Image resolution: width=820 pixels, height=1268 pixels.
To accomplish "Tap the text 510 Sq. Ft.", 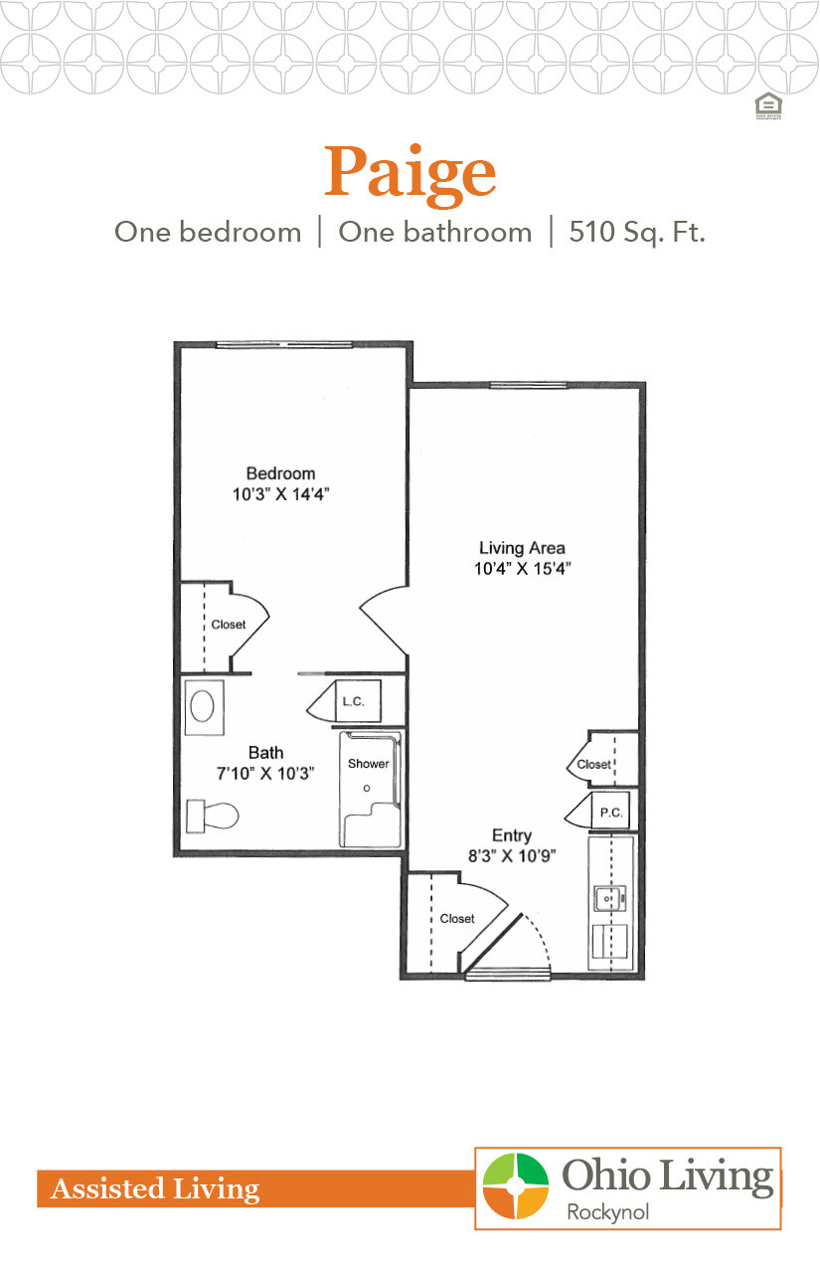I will point(637,233).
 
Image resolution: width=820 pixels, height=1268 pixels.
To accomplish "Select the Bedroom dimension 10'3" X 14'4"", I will point(281,493).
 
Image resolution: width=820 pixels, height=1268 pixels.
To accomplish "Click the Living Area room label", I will point(522,548).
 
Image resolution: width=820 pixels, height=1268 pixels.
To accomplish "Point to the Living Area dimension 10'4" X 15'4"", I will point(522,569).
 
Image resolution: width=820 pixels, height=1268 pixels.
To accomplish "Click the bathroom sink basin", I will point(202,707).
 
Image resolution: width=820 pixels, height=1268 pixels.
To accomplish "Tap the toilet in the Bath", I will point(214,816).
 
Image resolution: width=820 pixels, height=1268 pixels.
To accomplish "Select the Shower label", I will point(368,764).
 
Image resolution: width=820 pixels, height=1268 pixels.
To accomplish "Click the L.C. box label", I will point(354,701).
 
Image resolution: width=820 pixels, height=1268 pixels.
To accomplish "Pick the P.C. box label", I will point(610,813).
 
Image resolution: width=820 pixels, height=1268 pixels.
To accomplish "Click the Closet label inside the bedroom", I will point(229,625).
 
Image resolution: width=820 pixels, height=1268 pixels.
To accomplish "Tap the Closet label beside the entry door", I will point(457,918).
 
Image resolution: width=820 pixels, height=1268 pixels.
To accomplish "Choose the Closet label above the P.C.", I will point(594,764).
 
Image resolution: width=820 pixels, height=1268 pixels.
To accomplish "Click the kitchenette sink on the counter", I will point(606,898).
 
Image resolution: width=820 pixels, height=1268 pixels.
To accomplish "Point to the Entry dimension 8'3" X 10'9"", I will point(511,855).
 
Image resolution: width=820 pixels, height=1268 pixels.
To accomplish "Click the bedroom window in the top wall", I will point(284,345).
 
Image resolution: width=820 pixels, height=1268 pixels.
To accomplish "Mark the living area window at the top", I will point(528,385).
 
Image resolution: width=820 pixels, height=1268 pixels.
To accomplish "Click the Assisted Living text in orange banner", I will point(155,1188).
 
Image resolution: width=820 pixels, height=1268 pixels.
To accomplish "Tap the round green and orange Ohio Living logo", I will point(516,1186).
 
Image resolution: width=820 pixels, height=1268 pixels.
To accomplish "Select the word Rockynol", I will point(605,1211).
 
